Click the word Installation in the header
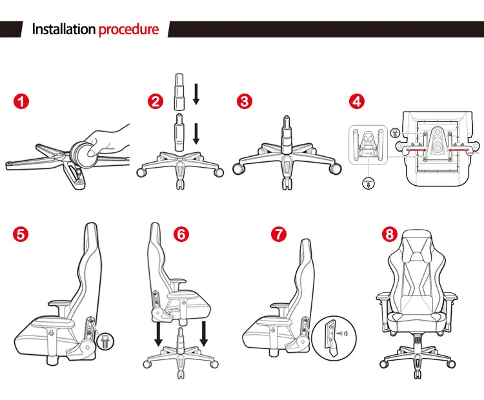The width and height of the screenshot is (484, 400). (64, 30)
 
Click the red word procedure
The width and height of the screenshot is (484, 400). (128, 30)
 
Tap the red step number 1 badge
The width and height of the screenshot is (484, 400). (23, 101)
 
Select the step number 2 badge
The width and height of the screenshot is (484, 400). (155, 101)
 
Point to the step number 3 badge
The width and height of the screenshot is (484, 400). (244, 101)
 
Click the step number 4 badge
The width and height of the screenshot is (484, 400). (357, 101)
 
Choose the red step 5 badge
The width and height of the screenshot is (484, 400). (22, 234)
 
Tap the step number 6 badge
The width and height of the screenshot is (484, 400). (181, 234)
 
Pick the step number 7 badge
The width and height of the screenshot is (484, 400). (278, 234)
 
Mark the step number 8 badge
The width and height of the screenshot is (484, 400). (388, 234)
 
